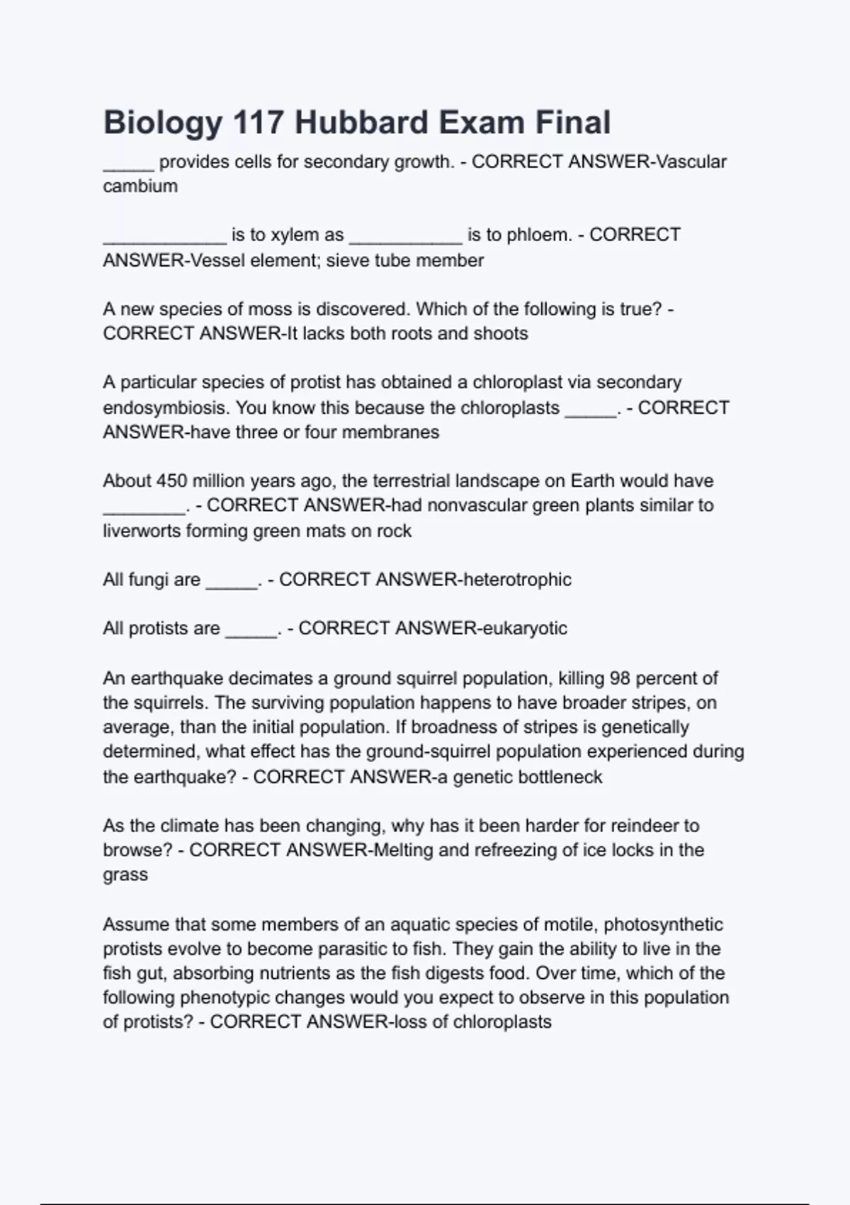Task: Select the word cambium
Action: click(140, 186)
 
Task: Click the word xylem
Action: click(296, 235)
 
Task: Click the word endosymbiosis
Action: click(166, 408)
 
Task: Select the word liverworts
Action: click(142, 531)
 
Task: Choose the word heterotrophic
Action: click(516, 580)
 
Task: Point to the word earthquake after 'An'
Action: click(176, 678)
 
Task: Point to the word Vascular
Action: click(691, 162)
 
